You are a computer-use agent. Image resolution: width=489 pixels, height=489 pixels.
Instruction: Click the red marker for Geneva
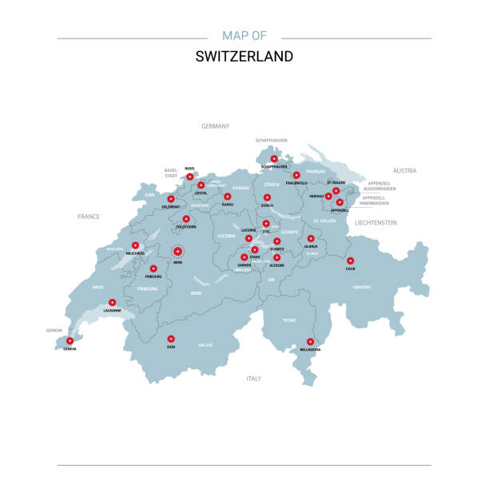pos(70,341)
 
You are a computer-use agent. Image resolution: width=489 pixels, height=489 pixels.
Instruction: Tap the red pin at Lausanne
pos(113,303)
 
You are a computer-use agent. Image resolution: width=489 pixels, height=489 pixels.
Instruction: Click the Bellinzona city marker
pos(310,341)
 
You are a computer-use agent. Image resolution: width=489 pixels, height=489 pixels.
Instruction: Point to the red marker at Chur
pos(350,260)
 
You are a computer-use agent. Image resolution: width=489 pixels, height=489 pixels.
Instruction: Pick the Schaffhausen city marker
pos(274,159)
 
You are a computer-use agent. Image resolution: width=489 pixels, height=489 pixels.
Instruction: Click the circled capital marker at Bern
pos(177,252)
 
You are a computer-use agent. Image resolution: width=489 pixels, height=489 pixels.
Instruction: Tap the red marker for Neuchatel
pos(135,245)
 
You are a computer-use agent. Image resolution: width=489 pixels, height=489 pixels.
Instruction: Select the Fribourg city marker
pos(153,268)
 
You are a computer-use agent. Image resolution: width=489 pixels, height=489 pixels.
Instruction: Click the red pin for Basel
pos(190,177)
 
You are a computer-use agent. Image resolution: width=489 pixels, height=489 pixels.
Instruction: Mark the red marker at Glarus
pos(311,238)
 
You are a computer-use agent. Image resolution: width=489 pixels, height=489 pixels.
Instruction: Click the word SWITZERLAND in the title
pos(244,57)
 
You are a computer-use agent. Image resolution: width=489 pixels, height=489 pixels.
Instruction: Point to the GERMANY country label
pos(216,126)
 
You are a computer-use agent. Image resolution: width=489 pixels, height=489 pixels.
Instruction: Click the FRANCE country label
pos(88,217)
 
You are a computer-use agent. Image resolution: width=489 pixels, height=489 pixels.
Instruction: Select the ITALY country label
pos(254,378)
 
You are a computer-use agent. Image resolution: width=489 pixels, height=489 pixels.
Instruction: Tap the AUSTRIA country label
pos(405,171)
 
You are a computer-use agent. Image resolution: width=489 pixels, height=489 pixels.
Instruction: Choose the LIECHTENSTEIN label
pos(376,223)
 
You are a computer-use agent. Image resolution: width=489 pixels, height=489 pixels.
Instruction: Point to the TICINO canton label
pos(289,320)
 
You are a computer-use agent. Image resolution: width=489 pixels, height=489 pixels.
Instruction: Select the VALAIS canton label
pos(205,344)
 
